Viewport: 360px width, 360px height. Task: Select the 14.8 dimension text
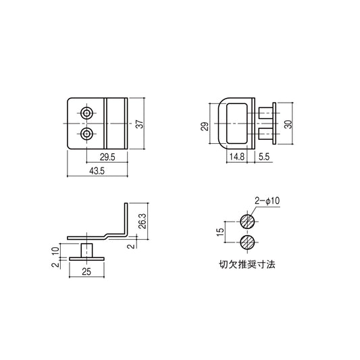click(x=236, y=156)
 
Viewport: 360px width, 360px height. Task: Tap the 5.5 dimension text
click(x=264, y=156)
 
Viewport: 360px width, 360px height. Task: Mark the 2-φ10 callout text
click(x=266, y=201)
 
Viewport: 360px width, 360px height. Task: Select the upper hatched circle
click(x=247, y=220)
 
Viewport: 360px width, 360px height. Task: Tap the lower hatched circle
click(x=247, y=242)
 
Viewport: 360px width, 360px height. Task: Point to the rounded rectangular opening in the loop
click(x=238, y=124)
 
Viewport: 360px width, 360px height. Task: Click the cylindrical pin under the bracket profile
click(x=86, y=249)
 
